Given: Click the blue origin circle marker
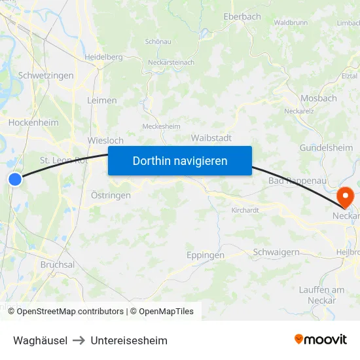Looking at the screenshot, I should (15, 178).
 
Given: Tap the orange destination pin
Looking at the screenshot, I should (344, 196).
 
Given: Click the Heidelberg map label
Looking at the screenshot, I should (103, 57).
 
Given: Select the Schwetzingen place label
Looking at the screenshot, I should (46, 76).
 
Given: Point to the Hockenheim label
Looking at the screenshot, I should (33, 122).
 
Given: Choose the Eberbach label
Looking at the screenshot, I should (242, 17).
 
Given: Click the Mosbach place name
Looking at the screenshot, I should (318, 98).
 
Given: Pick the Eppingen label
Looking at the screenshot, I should (205, 255).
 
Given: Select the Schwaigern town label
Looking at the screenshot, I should (276, 252).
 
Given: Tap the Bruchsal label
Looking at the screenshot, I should (58, 264).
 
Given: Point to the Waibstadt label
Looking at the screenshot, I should (211, 138).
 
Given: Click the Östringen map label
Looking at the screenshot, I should (111, 195).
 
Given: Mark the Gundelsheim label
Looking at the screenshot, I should (326, 148).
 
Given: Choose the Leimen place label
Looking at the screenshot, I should (101, 101).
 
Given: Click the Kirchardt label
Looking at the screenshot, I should (245, 211).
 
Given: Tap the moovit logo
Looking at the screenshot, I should (320, 340).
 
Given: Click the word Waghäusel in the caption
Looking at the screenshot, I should (40, 340).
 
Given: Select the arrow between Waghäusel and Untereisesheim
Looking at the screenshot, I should (79, 340).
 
